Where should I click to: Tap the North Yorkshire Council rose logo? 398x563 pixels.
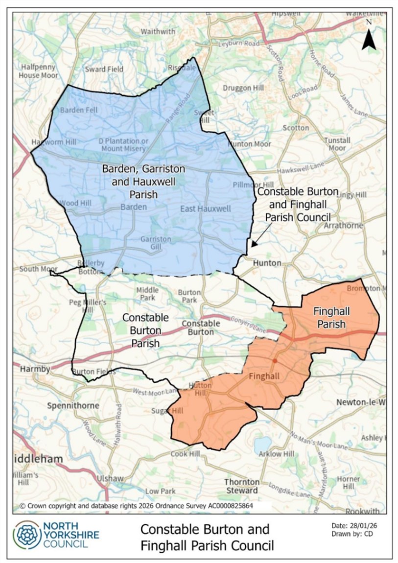click(x=27, y=535)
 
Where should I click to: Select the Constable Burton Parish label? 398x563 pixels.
click(x=145, y=330)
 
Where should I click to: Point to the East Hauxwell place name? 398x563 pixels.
click(x=199, y=209)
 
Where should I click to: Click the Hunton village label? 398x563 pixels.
click(x=267, y=263)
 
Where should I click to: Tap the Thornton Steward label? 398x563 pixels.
click(x=241, y=486)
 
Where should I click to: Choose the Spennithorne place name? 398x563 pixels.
click(x=73, y=405)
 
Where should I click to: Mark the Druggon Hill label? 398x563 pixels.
click(x=243, y=88)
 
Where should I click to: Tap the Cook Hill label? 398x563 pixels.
click(x=186, y=454)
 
